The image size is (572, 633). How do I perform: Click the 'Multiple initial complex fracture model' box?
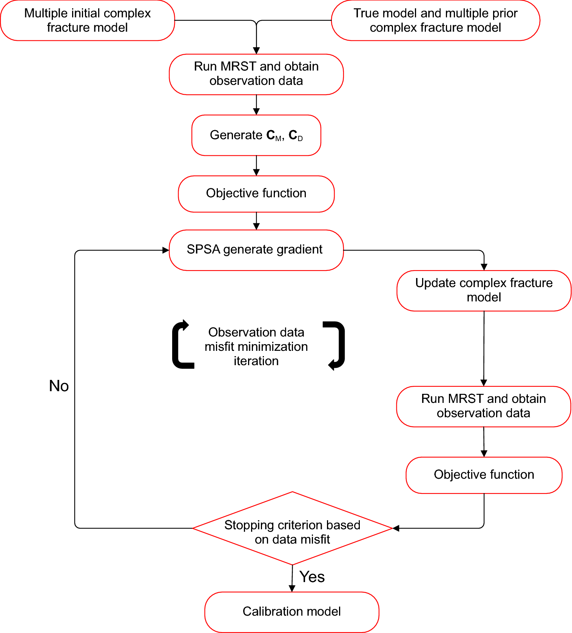click(x=87, y=20)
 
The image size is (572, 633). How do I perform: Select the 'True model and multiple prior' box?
click(x=435, y=20)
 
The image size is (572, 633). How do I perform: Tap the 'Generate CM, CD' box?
click(x=256, y=135)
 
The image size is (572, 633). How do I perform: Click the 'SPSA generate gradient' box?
click(x=256, y=250)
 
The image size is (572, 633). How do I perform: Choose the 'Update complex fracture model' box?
click(x=484, y=290)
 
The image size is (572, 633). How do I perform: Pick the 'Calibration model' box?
click(x=291, y=611)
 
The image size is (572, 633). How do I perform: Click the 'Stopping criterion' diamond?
click(x=292, y=528)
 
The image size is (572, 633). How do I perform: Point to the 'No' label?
click(x=59, y=386)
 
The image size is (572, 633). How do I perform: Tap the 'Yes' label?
click(x=312, y=577)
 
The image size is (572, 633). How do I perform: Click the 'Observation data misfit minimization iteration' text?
click(x=256, y=346)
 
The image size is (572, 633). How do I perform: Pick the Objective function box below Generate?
click(x=256, y=194)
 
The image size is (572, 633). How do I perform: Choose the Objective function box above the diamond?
click(x=484, y=475)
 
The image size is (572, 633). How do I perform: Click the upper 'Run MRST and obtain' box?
click(x=256, y=74)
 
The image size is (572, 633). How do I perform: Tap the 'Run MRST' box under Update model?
click(x=483, y=406)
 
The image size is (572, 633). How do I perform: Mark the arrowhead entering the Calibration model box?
click(x=292, y=588)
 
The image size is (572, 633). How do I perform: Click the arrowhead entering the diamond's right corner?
click(x=396, y=528)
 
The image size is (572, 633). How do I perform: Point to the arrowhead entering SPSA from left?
click(x=165, y=250)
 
